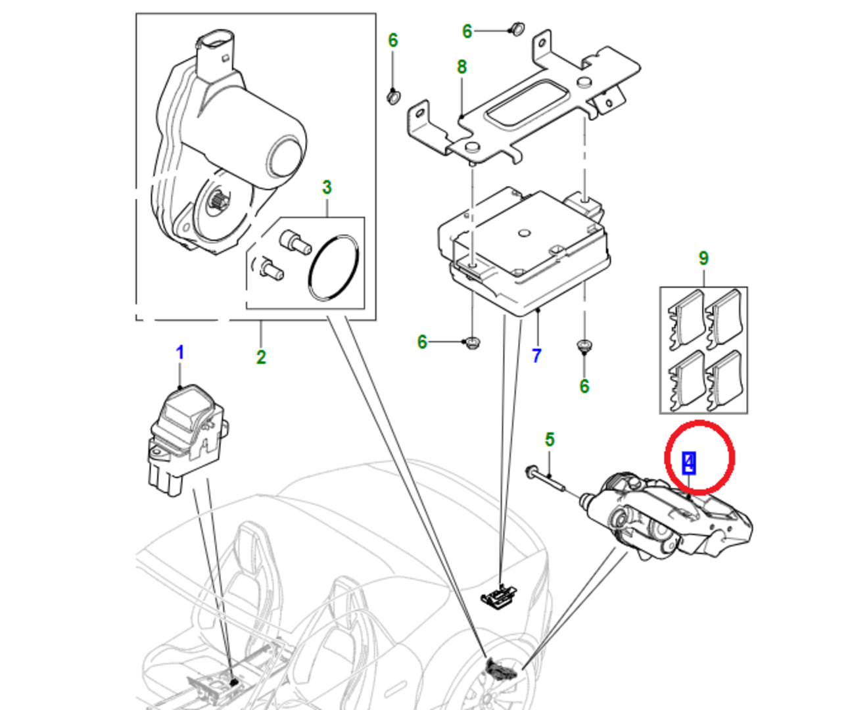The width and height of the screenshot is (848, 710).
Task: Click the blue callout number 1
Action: tap(179, 353)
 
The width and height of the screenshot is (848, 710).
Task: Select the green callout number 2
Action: tap(261, 357)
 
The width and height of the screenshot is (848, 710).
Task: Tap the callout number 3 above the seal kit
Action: tap(327, 187)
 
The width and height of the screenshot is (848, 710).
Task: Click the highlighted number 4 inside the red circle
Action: tap(688, 463)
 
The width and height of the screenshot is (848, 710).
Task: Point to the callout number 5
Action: tap(550, 439)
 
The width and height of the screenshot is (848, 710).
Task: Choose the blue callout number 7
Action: tap(536, 356)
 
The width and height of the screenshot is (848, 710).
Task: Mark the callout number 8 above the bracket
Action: tap(461, 67)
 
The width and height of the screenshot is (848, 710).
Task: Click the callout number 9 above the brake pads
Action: tap(703, 258)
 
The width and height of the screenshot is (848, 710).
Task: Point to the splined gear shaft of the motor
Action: tap(218, 201)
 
